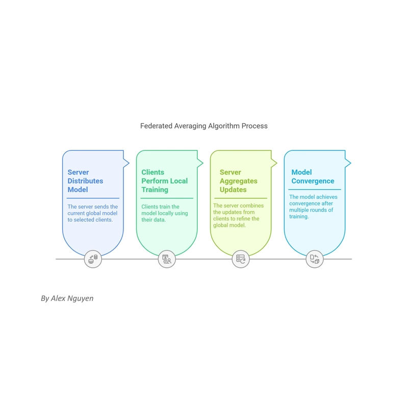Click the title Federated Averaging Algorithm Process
coord(203,126)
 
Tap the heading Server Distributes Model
coord(85,181)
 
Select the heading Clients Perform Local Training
coord(164,181)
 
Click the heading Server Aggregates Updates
coord(238,181)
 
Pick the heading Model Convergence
coord(313,176)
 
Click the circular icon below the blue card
coord(93,259)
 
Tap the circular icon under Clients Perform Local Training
coord(167,259)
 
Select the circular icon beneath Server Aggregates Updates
coord(241,259)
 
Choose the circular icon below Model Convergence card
coord(315,259)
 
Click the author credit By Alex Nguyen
coord(67,298)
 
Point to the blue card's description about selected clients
coord(93,213)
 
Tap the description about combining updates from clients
coord(238,215)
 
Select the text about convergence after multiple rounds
coord(313,207)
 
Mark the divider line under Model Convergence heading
coord(315,189)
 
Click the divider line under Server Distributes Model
coord(93,198)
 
